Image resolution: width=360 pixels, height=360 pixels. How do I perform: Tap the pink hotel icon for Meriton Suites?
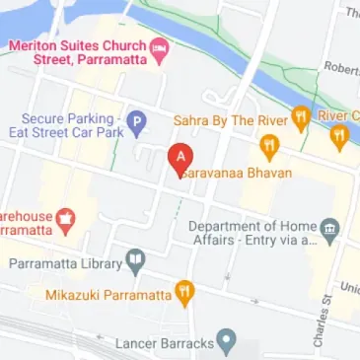point(159,47)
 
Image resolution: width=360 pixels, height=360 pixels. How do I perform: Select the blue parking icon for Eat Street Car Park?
point(138,124)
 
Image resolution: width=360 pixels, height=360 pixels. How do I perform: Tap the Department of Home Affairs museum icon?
point(331,231)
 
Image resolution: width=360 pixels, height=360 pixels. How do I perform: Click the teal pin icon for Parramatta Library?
point(135,262)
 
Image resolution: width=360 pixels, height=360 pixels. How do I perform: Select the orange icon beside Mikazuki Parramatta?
point(183,293)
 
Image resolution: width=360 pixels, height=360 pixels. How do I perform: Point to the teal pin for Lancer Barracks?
point(228,342)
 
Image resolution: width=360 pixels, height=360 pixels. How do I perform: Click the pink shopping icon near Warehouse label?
point(66,219)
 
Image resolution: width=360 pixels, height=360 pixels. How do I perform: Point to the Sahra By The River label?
point(236,120)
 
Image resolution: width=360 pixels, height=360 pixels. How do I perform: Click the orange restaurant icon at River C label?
point(340,135)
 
